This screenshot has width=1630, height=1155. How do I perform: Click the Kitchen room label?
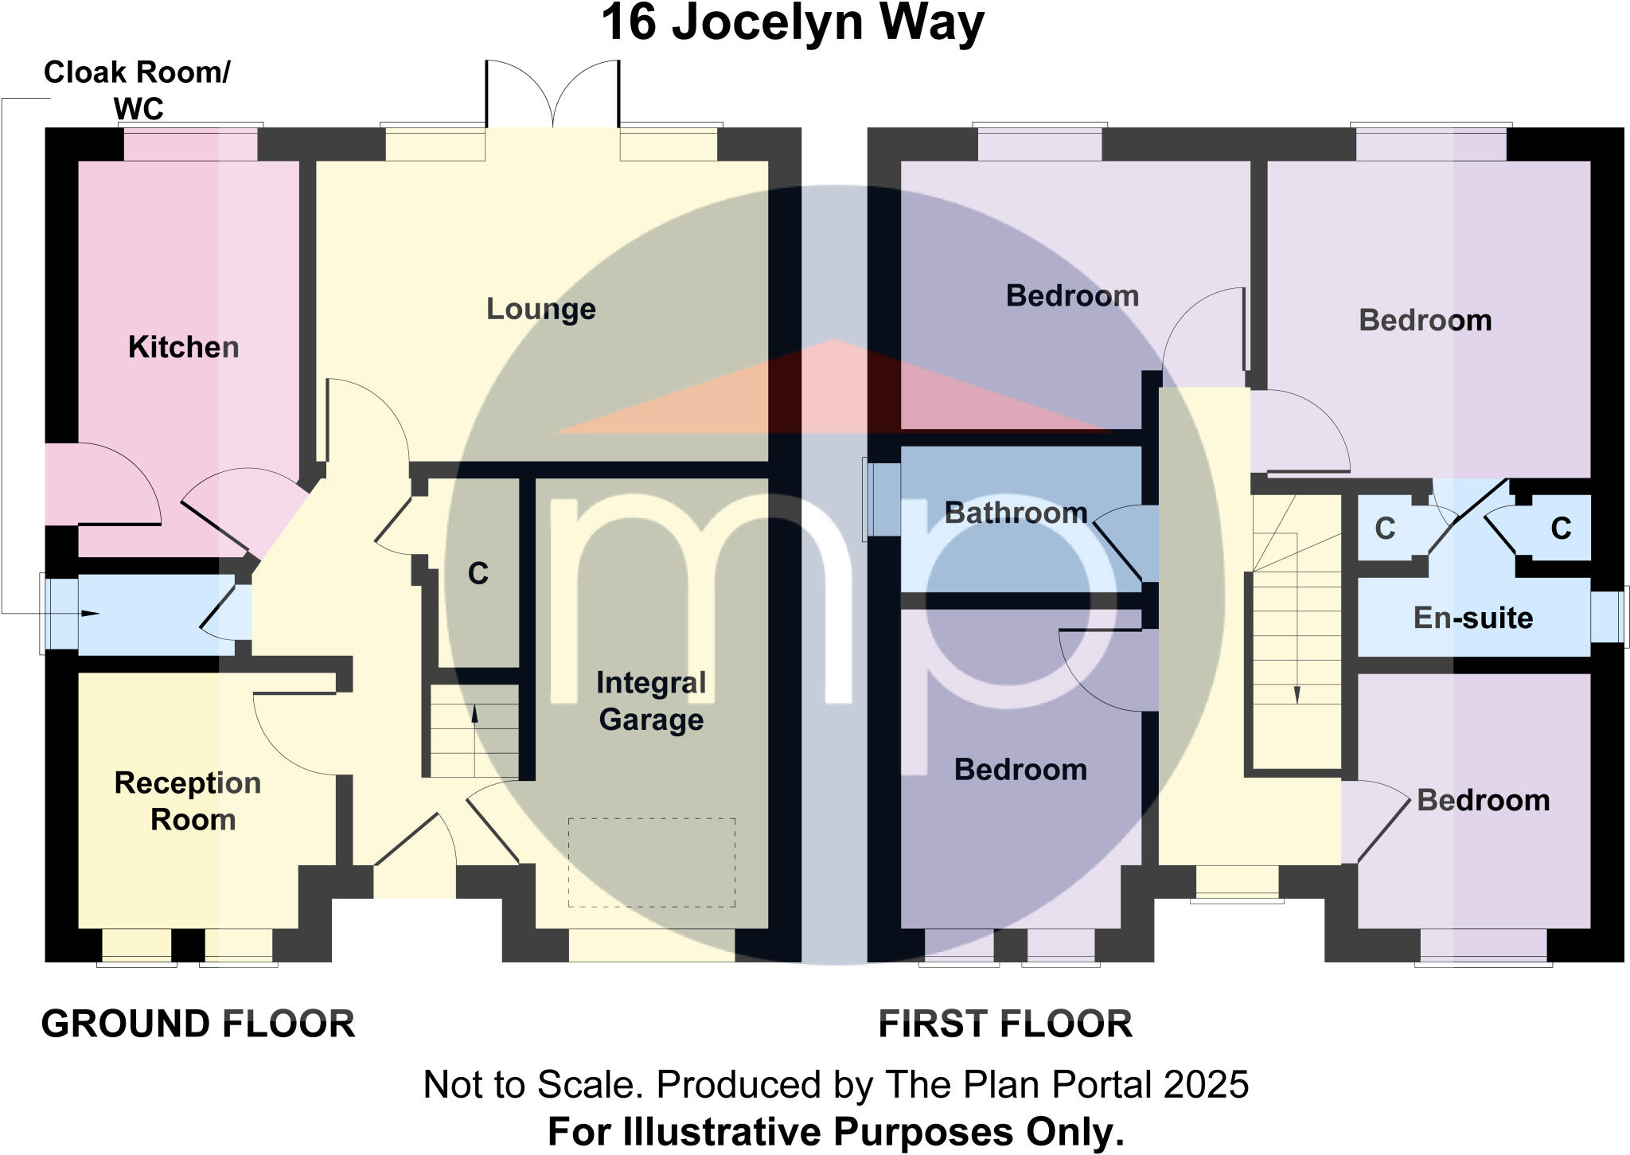pyautogui.click(x=183, y=347)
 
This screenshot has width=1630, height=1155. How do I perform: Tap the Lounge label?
pyautogui.click(x=540, y=309)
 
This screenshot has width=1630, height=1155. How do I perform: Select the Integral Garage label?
pyautogui.click(x=651, y=701)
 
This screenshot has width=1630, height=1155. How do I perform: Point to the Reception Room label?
pyautogui.click(x=189, y=801)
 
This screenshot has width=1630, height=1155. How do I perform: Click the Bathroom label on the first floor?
pyautogui.click(x=1016, y=513)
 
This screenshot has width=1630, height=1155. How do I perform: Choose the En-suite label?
pyautogui.click(x=1472, y=618)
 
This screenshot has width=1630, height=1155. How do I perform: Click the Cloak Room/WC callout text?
pyautogui.click(x=137, y=89)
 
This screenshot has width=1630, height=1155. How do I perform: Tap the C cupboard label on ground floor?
pyautogui.click(x=478, y=574)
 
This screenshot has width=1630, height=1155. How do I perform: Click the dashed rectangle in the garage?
pyautogui.click(x=651, y=862)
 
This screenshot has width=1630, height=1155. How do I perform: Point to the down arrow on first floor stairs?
pyautogui.click(x=1297, y=694)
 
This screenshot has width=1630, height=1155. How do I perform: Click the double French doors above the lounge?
pyautogui.click(x=552, y=94)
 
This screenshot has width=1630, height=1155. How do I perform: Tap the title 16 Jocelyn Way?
pyautogui.click(x=793, y=23)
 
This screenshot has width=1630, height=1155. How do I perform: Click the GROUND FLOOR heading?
pyautogui.click(x=198, y=1024)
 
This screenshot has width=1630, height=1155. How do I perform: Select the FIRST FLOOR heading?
pyautogui.click(x=1005, y=1024)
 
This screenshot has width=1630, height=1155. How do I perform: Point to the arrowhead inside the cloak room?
pyautogui.click(x=91, y=614)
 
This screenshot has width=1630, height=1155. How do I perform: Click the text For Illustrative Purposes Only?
pyautogui.click(x=836, y=1131)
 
